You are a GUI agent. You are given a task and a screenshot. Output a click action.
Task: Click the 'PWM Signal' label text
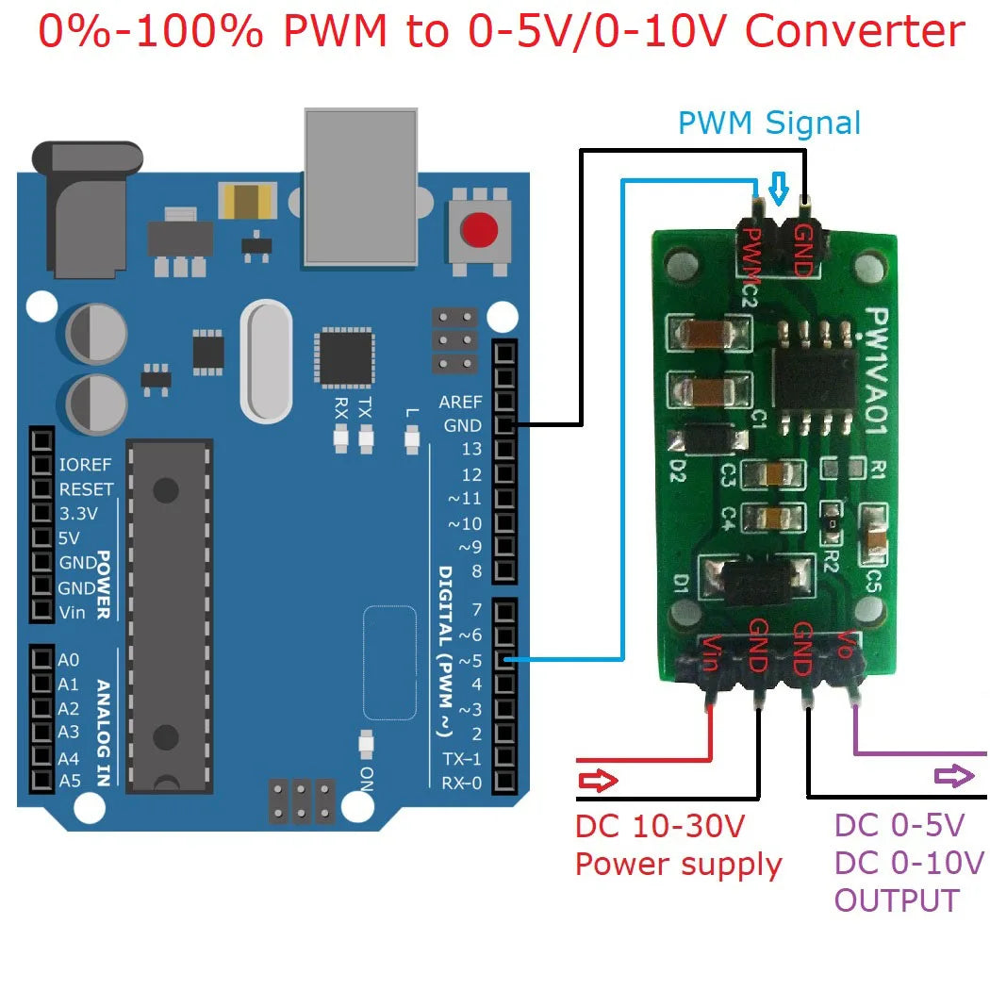click(x=769, y=123)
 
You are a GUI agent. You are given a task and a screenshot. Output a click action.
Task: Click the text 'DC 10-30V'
click(x=660, y=827)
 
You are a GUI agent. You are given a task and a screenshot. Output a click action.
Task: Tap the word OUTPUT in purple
click(x=896, y=900)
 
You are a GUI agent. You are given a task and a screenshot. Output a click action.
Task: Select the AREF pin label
click(x=460, y=403)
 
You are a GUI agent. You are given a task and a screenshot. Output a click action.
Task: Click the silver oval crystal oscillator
click(x=267, y=361)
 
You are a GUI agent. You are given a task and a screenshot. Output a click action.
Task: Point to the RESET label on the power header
click(x=86, y=489)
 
